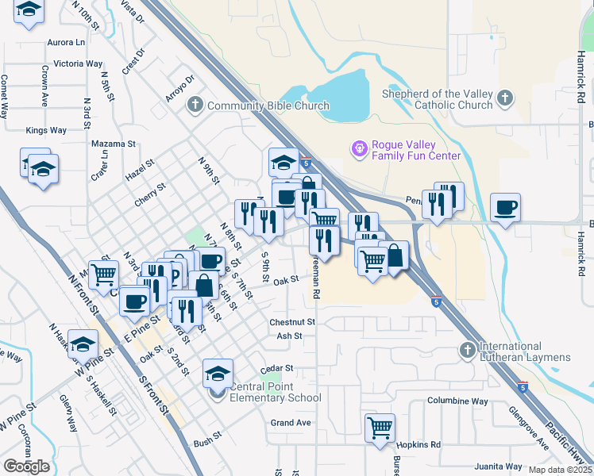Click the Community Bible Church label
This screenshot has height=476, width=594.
pyautogui.click(x=268, y=106)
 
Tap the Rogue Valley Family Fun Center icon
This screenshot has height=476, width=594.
pyautogui.click(x=359, y=149)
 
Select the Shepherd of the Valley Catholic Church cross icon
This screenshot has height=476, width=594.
pyautogui.click(x=503, y=99)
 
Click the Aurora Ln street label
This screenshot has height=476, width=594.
pyautogui.click(x=67, y=42)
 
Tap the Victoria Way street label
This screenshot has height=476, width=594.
pyautogui.click(x=78, y=63)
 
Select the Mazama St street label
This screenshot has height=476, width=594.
pyautogui.click(x=114, y=144)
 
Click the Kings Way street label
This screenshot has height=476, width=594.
pyautogui.click(x=46, y=130)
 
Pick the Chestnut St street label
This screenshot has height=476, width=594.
pyautogui.click(x=292, y=323)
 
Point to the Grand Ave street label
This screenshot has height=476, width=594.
pyautogui.click(x=291, y=423)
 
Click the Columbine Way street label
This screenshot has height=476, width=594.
pyautogui.click(x=457, y=401)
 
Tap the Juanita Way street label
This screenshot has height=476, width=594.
pyautogui.click(x=498, y=466)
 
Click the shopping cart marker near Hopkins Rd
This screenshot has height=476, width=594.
pyautogui.click(x=380, y=427)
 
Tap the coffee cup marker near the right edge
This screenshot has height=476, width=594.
pyautogui.click(x=506, y=208)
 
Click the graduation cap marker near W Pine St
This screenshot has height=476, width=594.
pyautogui.click(x=83, y=344)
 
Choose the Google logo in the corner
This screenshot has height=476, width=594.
pyautogui.click(x=26, y=466)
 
